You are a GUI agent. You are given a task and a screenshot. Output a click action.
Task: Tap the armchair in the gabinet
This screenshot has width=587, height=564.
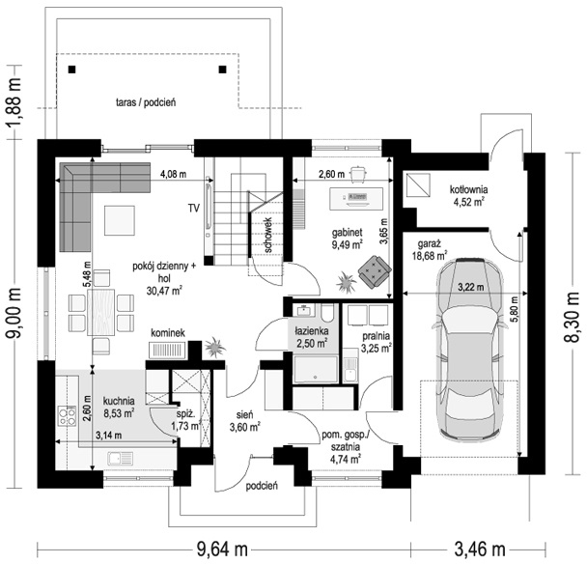tap(375, 272)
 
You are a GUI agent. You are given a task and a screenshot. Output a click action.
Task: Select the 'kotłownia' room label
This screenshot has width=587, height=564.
tap(468, 189)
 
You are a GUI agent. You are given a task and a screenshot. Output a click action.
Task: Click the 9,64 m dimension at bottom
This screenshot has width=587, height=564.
tap(222, 550)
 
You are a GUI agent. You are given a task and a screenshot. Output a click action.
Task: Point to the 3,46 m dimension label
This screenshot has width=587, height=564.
tap(480, 550)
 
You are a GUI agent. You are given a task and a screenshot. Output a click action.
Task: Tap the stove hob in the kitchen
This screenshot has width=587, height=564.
tap(67, 415)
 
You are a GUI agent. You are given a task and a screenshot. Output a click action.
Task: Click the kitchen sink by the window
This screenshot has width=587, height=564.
tap(120, 459)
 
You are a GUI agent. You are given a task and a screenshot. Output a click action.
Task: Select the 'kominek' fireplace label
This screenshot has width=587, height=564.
tap(168, 333)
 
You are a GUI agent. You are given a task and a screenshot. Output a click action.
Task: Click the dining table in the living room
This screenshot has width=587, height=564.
tap(101, 312)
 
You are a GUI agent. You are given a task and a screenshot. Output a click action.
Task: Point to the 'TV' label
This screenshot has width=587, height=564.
tap(194, 208)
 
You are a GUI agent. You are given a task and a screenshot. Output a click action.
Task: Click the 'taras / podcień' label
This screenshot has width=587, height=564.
tap(146, 102)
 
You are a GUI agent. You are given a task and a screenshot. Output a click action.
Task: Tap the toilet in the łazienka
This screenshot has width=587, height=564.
tap(328, 313)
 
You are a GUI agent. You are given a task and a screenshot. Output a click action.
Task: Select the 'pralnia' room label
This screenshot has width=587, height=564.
tap(377, 336)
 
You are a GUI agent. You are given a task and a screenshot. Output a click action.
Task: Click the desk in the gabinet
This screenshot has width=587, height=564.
tap(356, 199)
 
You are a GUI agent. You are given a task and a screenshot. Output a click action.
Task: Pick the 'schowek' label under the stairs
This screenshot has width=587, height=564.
tap(268, 235)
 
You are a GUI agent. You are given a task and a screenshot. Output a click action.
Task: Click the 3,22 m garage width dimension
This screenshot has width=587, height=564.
tap(471, 287)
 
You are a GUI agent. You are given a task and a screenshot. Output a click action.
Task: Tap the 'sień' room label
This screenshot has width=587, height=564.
tap(245, 414)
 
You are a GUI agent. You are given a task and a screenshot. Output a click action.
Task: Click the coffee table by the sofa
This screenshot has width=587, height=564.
tap(120, 220)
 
